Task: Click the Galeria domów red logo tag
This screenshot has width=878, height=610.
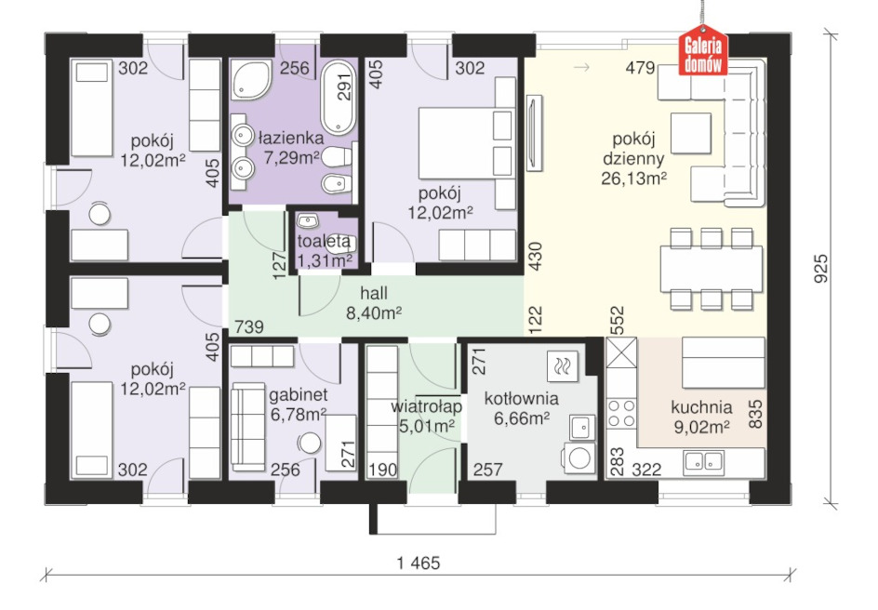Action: (703, 50)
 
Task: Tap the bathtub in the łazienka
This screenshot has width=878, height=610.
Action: (339, 97)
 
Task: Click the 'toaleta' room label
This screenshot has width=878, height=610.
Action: (325, 242)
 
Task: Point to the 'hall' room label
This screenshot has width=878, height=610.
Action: (374, 293)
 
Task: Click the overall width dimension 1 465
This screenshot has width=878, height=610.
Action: (419, 562)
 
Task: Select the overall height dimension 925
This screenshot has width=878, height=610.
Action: (820, 268)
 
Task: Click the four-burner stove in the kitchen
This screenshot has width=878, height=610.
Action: (621, 413)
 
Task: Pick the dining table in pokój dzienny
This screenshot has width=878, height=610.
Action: (712, 269)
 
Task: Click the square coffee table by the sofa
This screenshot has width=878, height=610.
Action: (691, 133)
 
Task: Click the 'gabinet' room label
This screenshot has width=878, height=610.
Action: (298, 395)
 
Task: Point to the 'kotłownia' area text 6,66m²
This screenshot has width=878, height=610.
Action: (521, 418)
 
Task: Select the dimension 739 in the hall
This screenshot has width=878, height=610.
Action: (248, 325)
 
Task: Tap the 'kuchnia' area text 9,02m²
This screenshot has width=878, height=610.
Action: (701, 428)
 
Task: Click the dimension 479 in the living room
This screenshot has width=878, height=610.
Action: (640, 68)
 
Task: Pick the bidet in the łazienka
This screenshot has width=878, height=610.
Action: (337, 183)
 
